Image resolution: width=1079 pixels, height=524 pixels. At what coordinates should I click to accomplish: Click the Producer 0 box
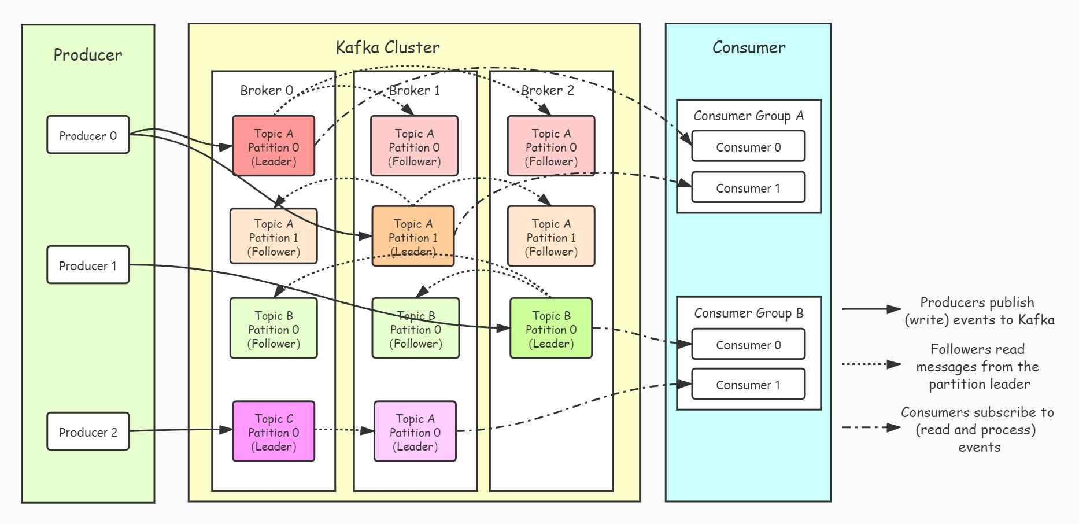click(88, 135)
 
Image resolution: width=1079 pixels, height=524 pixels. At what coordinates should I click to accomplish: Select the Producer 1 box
click(88, 265)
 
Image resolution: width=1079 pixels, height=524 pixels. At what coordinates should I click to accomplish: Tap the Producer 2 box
click(88, 431)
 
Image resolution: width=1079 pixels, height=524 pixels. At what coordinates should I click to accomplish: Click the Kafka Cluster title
click(387, 47)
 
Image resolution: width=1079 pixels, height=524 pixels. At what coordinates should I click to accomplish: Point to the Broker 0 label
click(267, 90)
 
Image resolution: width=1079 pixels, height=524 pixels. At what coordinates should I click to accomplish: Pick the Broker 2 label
click(548, 90)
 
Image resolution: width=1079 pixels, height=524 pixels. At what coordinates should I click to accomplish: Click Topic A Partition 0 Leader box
click(274, 146)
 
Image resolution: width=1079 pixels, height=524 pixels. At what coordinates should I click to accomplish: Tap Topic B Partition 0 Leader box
click(551, 329)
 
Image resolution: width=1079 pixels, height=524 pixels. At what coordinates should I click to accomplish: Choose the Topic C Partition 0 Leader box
click(274, 431)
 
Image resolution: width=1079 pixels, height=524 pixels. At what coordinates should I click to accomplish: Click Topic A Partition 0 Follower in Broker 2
click(551, 146)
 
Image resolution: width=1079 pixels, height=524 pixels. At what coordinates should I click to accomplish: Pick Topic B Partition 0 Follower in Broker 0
click(274, 329)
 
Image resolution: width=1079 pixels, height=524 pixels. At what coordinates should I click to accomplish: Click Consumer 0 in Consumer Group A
click(748, 146)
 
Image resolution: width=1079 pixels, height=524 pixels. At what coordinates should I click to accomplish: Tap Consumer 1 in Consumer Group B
click(748, 385)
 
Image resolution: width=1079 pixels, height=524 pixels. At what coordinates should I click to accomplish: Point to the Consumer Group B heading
click(749, 313)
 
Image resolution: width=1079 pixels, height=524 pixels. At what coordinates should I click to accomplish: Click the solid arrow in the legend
click(871, 309)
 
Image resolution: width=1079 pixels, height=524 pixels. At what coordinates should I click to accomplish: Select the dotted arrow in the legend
click(871, 364)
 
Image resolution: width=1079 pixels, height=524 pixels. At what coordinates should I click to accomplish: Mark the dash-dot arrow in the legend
click(871, 427)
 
